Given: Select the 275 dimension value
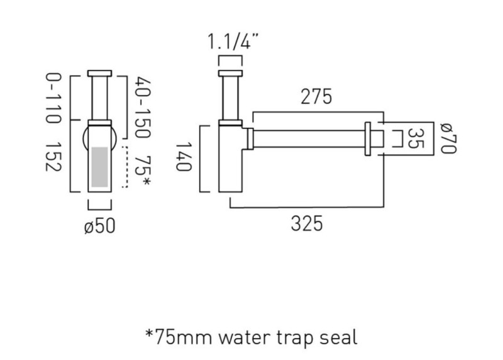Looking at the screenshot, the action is point(316,96).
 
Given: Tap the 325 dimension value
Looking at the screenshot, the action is point(307,223).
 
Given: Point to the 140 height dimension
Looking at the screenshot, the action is point(184,157).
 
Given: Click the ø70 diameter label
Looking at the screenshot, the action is point(448,138).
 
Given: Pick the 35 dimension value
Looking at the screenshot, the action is point(416,138).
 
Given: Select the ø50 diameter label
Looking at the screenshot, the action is point(100,226).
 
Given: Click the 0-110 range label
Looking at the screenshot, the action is point(53,98).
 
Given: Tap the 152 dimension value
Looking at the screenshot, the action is point(53,156).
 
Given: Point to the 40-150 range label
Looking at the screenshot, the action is point(142,107).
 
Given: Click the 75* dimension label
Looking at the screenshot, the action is point(142,171).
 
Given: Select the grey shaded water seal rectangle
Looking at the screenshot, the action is point(100,167).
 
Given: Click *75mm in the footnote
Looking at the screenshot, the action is point(179,337).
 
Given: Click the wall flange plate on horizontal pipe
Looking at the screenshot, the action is point(368,138).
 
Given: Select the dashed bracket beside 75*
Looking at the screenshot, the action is point(125,167).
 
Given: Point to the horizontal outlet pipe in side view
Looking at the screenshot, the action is point(309,138).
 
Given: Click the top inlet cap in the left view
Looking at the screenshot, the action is point(100,73).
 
